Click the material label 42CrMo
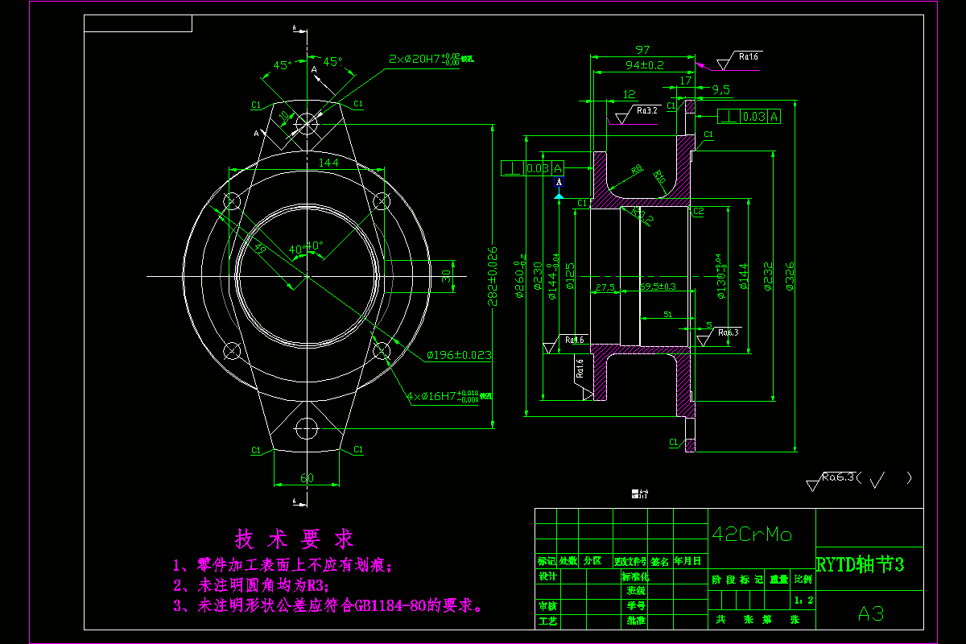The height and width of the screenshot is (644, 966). click(x=752, y=535)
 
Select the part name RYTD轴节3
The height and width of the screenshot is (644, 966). click(x=861, y=565)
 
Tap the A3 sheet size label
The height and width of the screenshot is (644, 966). click(x=871, y=614)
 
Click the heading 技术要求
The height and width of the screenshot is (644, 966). click(x=294, y=539)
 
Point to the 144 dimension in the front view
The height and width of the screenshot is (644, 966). click(x=306, y=163)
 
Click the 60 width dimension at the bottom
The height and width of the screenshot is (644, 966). click(x=307, y=478)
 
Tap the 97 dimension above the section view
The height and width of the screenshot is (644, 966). click(x=642, y=50)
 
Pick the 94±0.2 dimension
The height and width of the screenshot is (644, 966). click(x=645, y=64)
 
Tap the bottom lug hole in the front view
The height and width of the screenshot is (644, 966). click(x=307, y=428)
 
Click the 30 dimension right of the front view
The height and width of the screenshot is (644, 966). click(x=446, y=275)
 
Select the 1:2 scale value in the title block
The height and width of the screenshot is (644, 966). click(x=803, y=601)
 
